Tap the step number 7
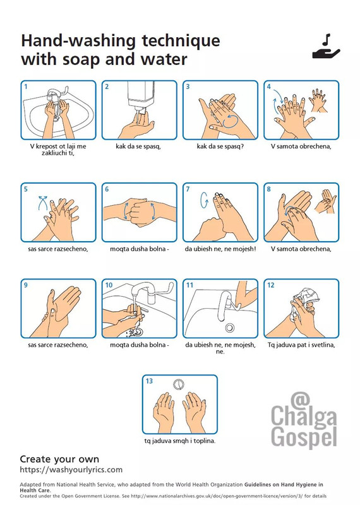click(188, 189)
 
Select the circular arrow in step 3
click(231, 121)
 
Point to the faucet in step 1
click(56, 93)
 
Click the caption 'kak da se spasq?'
click(220, 146)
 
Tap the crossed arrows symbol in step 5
click(43, 202)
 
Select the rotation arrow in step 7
click(204, 200)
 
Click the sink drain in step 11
click(229, 328)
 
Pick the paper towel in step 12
click(304, 301)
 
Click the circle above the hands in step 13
click(179, 384)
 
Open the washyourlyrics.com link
click(71, 470)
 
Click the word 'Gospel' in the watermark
click(304, 437)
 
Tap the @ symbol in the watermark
click(300, 400)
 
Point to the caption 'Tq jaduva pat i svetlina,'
click(301, 345)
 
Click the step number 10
click(109, 285)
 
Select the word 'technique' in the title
click(181, 41)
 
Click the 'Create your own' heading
click(59, 459)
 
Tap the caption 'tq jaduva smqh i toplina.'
click(180, 441)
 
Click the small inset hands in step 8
click(325, 201)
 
